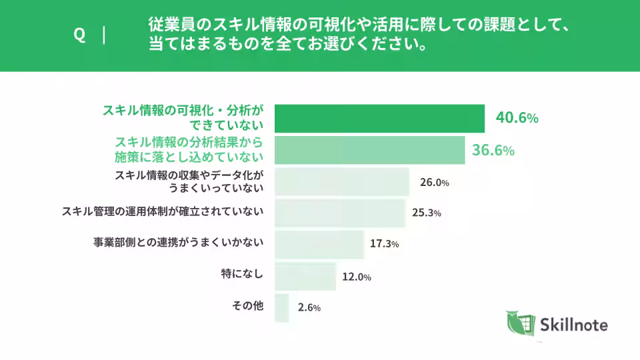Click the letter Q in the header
(x=79, y=36)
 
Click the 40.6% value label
(x=517, y=118)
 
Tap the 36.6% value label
(x=493, y=150)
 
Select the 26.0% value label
(x=434, y=182)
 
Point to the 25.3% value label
(x=427, y=213)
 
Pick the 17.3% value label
(x=384, y=244)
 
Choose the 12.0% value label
(x=356, y=276)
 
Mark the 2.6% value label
(x=309, y=307)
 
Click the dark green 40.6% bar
(x=379, y=119)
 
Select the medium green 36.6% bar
(x=369, y=150)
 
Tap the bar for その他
(x=281, y=307)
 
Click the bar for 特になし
(x=305, y=276)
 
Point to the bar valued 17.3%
(x=319, y=244)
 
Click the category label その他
(x=247, y=306)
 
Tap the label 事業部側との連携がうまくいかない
(x=178, y=243)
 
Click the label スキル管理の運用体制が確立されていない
(x=163, y=211)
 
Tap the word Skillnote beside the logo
(x=575, y=325)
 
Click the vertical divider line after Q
(x=105, y=36)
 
